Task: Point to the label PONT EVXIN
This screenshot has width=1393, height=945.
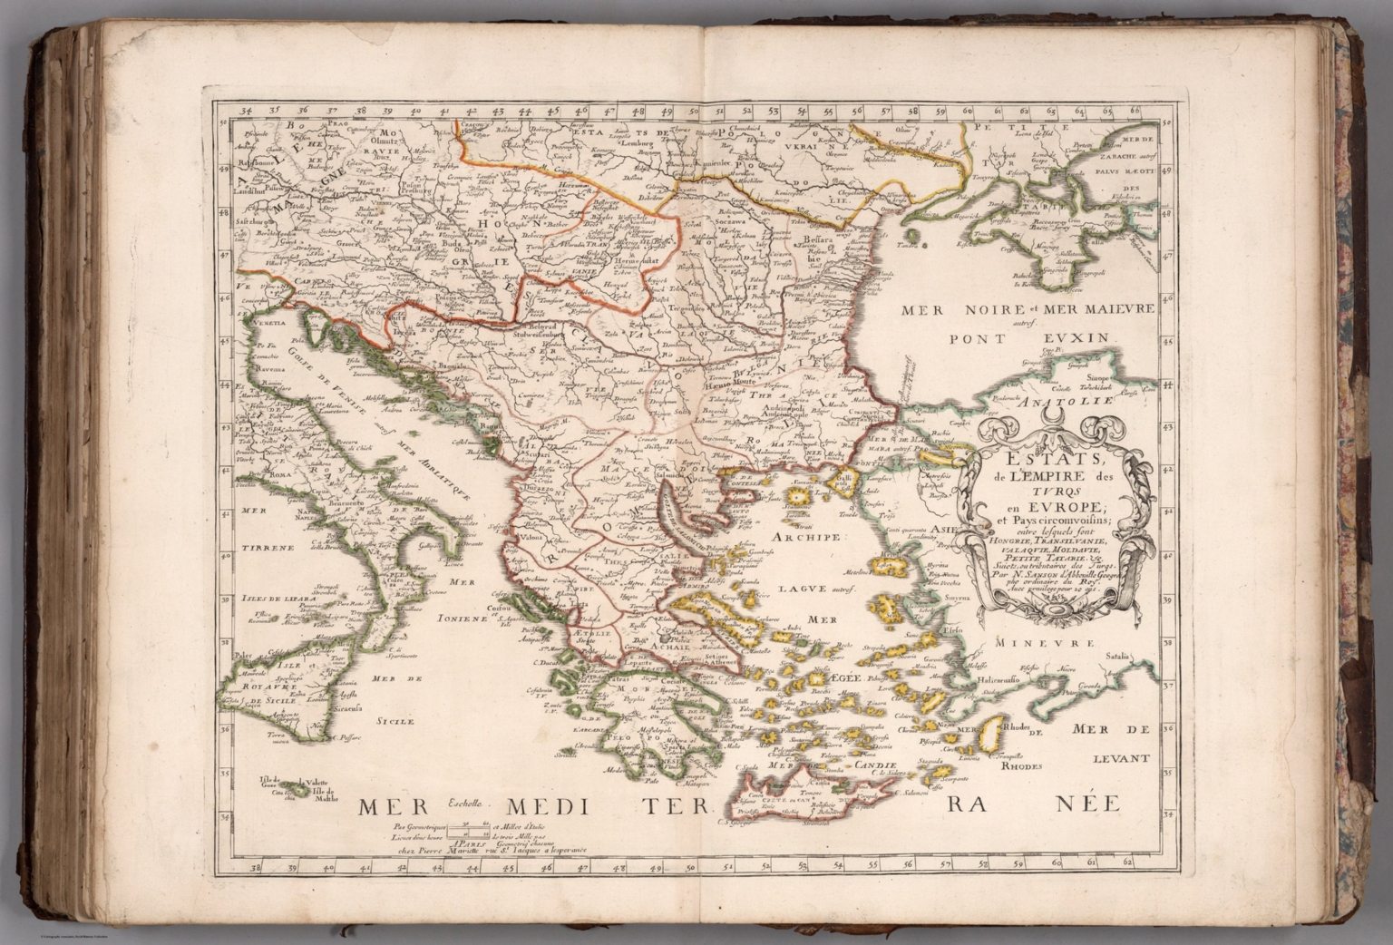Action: point(1030,339)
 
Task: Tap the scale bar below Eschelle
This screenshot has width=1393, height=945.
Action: point(472,827)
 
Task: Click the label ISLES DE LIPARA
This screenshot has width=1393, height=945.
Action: point(258,598)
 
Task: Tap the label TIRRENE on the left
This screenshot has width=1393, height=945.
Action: point(265,548)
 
